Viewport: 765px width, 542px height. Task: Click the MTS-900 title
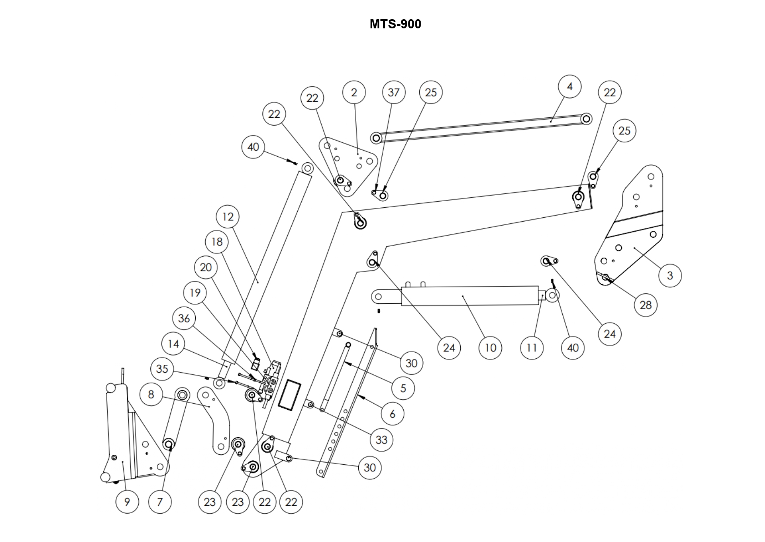(395, 24)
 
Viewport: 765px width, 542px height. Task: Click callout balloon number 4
(569, 86)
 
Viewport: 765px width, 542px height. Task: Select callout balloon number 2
(354, 93)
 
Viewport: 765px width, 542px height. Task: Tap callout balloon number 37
(394, 93)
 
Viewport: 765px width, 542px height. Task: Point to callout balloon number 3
(670, 275)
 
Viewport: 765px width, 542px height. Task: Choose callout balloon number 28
(646, 305)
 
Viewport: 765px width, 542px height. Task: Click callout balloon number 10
(490, 348)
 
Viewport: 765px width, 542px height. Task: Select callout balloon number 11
(532, 348)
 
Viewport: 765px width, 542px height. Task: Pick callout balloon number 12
(228, 216)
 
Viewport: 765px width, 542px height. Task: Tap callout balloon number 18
(217, 242)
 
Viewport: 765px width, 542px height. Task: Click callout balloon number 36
(184, 318)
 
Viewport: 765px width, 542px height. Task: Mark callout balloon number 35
(162, 369)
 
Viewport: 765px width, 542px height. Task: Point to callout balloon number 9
(127, 502)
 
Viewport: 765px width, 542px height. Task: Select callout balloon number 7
(160, 502)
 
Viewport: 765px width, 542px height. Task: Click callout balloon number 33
(381, 439)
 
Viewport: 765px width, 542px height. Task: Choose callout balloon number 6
(392, 414)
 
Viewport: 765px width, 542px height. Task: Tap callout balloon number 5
(403, 388)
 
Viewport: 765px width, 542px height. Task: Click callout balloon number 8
(151, 394)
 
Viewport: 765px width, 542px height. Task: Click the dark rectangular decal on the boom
(289, 394)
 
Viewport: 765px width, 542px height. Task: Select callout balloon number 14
(173, 344)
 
